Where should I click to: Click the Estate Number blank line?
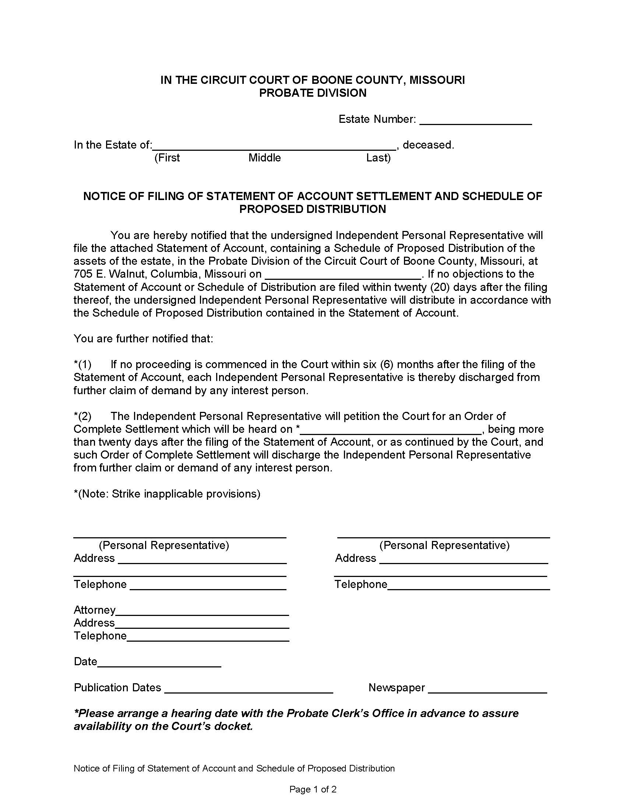[475, 121]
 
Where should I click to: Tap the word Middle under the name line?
[264, 158]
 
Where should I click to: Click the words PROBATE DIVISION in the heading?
[313, 93]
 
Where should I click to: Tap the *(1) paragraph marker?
[82, 364]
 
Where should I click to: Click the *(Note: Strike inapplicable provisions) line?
[167, 494]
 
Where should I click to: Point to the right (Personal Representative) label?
[444, 545]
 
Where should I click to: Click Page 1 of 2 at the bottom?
[313, 790]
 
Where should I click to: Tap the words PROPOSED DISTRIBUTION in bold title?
[313, 209]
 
